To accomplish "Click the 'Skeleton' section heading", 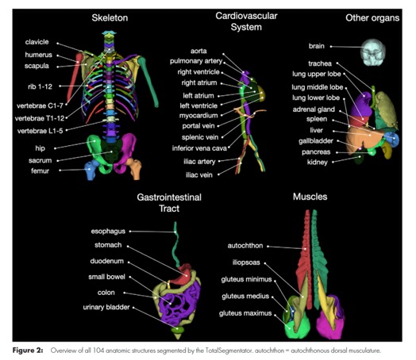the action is pos(110,17).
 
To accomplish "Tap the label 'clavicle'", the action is pos(37,42).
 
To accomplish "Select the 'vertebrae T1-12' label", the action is pos(40,118).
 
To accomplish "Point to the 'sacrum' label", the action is pos(40,160).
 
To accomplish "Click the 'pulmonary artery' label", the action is pos(196,61).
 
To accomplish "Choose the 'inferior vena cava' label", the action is pos(199,148).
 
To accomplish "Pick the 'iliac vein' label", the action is pos(199,174).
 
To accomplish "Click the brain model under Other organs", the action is pos(373,52).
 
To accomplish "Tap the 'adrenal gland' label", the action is pos(314,109).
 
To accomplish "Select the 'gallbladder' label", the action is pos(316,141).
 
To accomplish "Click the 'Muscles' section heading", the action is pos(310,197).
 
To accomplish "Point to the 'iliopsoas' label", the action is pos(246,262).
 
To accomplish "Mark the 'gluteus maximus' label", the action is pos(245,313).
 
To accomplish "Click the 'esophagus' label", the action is pos(108,232).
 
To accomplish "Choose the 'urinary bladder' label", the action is pos(106,307).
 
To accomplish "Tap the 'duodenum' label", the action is pos(106,261).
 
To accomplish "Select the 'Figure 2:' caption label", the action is pos(28,350).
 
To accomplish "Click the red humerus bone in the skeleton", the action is pos(75,77).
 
